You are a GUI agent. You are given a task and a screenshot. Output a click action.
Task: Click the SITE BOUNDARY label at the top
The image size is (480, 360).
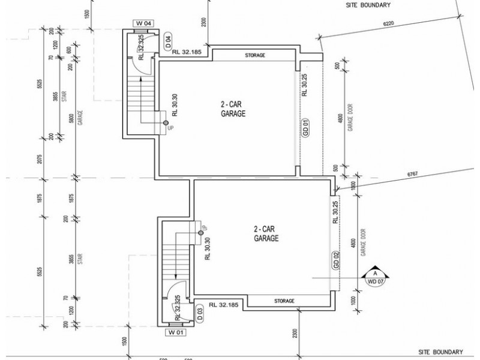(368, 5)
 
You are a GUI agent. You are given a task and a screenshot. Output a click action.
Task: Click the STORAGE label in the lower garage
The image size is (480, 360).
(285, 301)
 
